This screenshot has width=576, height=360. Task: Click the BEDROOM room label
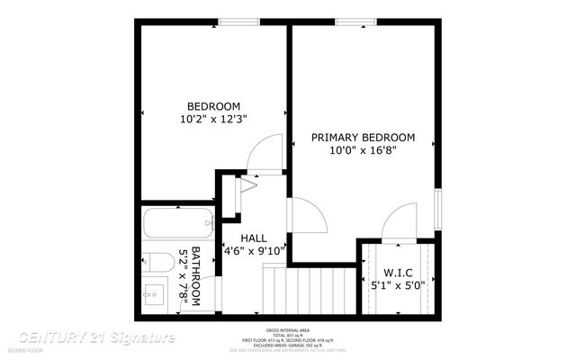click(213, 105)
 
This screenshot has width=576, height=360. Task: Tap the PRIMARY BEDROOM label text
click(363, 138)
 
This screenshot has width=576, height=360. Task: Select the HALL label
click(255, 238)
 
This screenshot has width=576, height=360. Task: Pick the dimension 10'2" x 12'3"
click(213, 118)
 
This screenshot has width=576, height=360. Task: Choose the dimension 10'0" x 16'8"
click(363, 151)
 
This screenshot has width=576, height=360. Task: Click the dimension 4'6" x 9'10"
click(255, 251)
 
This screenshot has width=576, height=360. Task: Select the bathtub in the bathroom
click(178, 220)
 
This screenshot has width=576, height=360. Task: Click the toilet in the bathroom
click(159, 263)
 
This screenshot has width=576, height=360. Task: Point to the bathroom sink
click(154, 294)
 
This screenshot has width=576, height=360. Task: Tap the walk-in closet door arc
click(397, 223)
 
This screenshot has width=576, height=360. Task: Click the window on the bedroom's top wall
click(235, 22)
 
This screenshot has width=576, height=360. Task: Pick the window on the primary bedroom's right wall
click(437, 207)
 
